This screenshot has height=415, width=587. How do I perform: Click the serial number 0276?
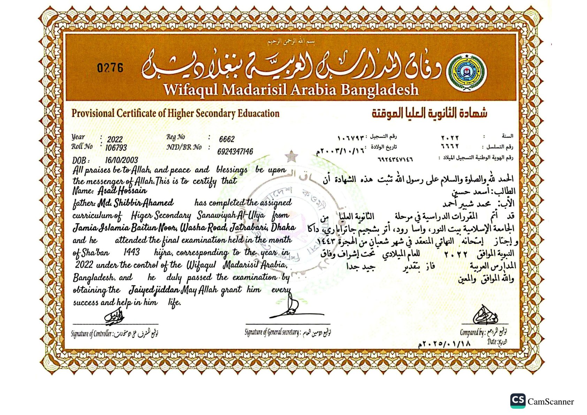[110, 67]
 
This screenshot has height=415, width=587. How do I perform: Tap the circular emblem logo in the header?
[467, 73]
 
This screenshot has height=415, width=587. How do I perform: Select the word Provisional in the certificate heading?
[93, 113]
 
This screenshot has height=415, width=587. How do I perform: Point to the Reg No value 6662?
[227, 139]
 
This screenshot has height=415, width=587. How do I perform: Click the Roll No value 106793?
[116, 148]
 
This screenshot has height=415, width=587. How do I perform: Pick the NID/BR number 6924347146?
[235, 151]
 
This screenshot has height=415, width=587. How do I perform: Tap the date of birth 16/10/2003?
[121, 160]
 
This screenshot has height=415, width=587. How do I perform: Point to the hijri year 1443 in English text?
[131, 252]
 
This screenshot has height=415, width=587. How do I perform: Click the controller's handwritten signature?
[114, 317]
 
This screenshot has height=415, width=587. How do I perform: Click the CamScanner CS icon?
[518, 401]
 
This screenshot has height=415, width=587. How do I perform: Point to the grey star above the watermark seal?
[291, 156]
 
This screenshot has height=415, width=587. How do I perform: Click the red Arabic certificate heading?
[429, 113]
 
